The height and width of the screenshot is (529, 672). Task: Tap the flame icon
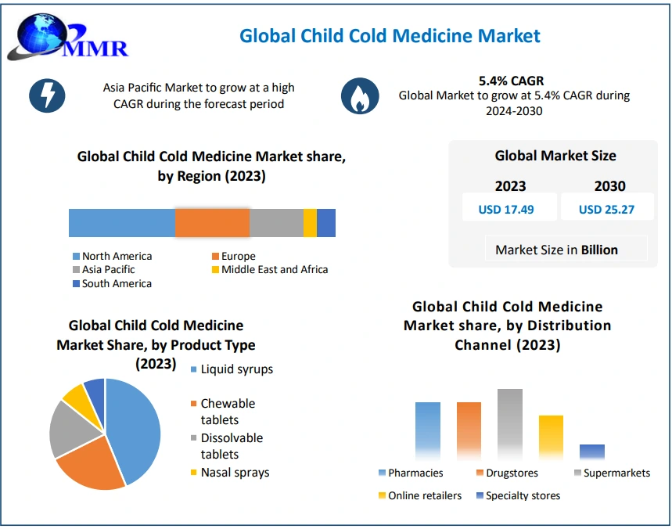pyautogui.click(x=359, y=96)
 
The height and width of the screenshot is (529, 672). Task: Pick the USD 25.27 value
pyautogui.click(x=606, y=209)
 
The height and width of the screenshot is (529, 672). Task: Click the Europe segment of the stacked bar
pyautogui.click(x=212, y=223)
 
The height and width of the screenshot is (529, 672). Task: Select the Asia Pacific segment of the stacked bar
pyautogui.click(x=276, y=223)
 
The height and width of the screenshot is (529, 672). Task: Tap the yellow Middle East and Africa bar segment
pyautogui.click(x=310, y=223)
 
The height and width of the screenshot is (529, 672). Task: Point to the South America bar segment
pyautogui.click(x=326, y=223)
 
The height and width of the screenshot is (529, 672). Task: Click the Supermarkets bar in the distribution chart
pyautogui.click(x=509, y=423)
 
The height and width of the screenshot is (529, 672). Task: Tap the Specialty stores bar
pyautogui.click(x=592, y=452)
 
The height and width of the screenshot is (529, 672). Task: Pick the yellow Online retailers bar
pyautogui.click(x=551, y=437)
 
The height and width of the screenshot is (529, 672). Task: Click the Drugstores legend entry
pyautogui.click(x=508, y=473)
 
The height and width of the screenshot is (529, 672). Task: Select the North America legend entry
pyautogui.click(x=117, y=256)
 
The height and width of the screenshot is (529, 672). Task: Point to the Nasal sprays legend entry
pyautogui.click(x=234, y=472)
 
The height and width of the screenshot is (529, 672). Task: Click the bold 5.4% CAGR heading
pyautogui.click(x=512, y=81)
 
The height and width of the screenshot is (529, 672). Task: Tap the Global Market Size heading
pyautogui.click(x=555, y=156)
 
